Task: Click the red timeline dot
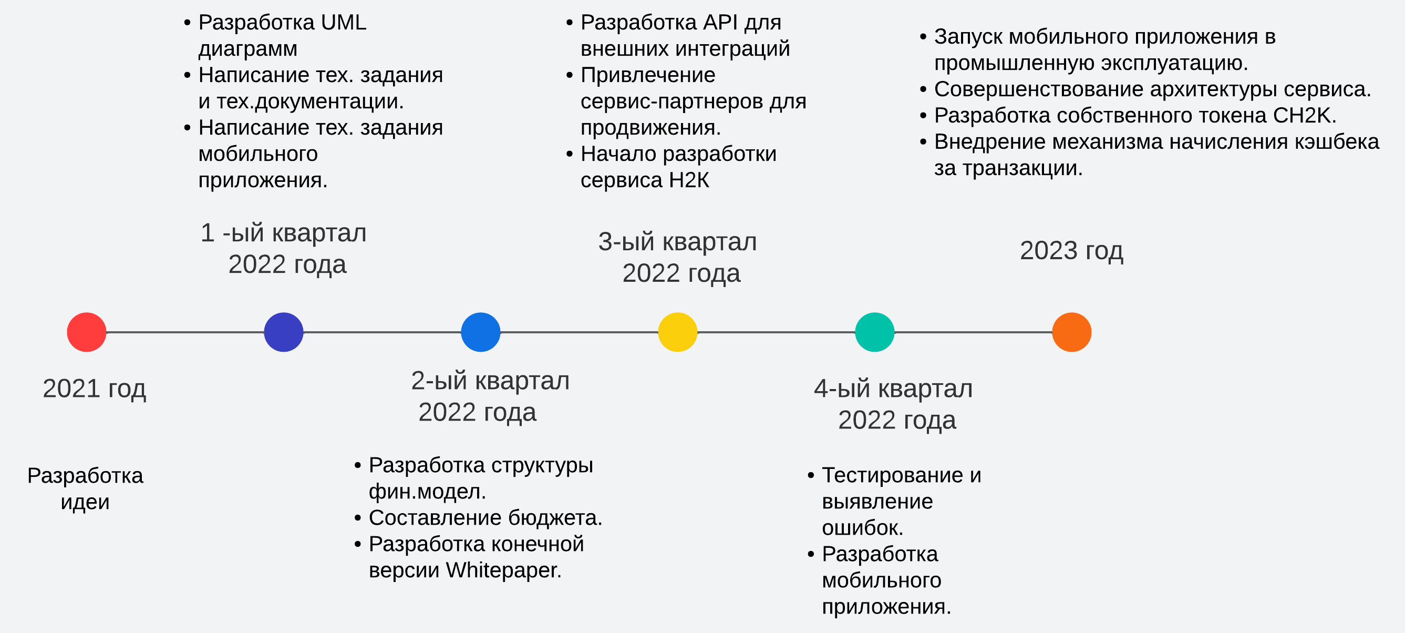(86, 332)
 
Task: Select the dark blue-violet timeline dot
(284, 332)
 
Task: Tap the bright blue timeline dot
(481, 332)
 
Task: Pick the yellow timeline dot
(677, 332)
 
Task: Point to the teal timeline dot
(874, 332)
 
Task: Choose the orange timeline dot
(1071, 332)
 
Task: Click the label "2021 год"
(95, 389)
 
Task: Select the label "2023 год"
(1071, 250)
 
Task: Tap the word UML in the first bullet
(344, 23)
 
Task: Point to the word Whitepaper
(503, 570)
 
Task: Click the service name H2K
(689, 180)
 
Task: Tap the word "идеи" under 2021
(85, 502)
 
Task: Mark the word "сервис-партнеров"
(671, 101)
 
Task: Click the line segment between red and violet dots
(185, 332)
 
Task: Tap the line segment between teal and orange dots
(973, 332)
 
